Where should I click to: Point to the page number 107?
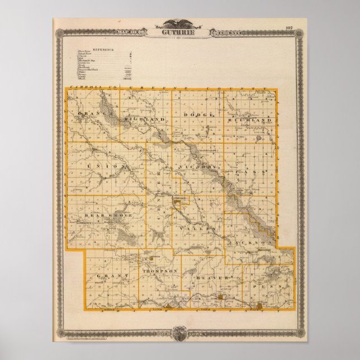coord(289,27)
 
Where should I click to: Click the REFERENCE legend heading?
coord(103,49)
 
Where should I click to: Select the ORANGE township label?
coord(92,115)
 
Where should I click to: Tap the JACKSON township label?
coord(245,244)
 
